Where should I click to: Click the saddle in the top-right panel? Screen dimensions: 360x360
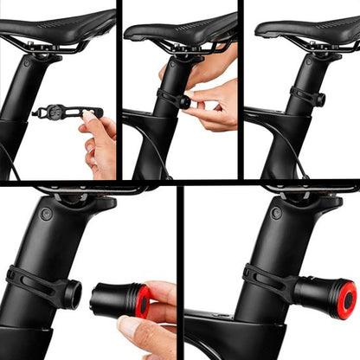[x=303, y=29]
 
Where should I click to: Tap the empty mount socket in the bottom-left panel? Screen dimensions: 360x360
[x=72, y=295]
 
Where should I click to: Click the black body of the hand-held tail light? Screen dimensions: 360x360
[x=112, y=301]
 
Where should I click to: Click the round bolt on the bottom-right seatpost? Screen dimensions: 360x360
[x=275, y=212]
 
